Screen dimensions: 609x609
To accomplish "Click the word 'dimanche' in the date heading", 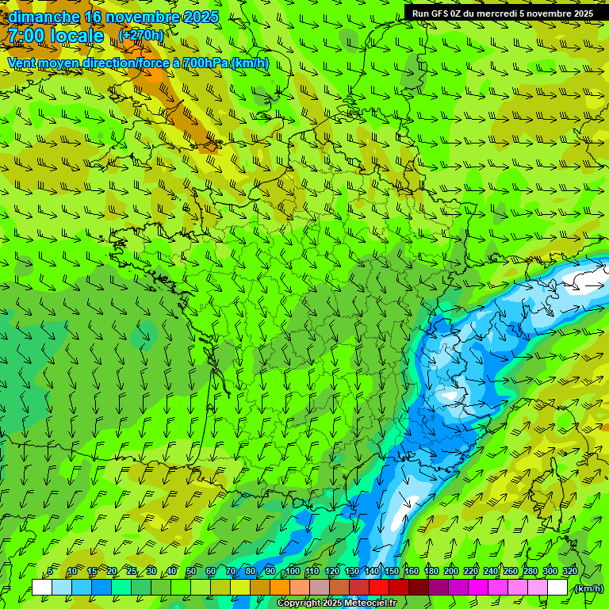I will pos(44,17).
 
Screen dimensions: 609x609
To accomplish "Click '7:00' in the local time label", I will pos(25,36).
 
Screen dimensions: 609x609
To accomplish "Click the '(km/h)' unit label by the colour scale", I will pos(588,588).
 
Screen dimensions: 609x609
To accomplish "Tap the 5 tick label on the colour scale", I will pos(51,572).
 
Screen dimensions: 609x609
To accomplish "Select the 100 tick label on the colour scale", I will pos(292,572).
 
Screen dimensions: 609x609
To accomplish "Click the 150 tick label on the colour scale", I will pos(391,572).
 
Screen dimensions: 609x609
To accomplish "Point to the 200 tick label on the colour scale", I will pos(450,572).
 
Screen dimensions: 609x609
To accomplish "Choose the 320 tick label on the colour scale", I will pos(569,572).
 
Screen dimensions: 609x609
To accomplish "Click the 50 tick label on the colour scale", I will pos(191,572).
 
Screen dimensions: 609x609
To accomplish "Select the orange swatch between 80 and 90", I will pos(260,588).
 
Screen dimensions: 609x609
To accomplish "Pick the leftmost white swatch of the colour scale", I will pos(42,588).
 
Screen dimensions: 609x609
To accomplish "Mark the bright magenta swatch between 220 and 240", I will pos(478,588).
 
